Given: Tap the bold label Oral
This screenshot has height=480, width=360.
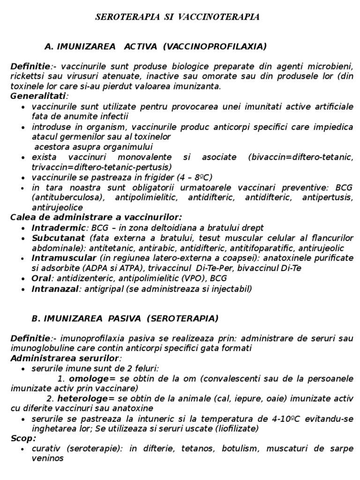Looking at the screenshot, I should tap(41, 278).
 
